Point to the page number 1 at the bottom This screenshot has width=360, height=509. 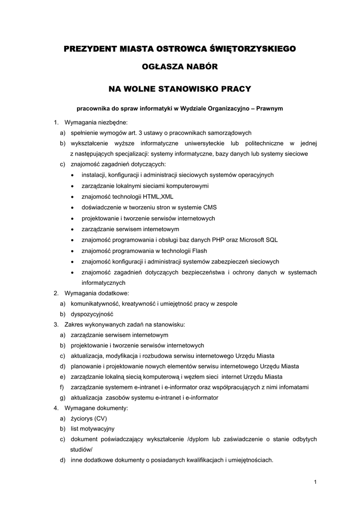315,481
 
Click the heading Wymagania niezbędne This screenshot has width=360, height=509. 96,122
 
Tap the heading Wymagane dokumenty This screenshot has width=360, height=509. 96,408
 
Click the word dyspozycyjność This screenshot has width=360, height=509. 92,314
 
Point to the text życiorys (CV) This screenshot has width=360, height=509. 89,419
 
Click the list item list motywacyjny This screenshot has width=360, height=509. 92,428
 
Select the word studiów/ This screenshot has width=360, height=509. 82,449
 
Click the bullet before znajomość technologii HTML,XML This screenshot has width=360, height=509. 73,197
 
